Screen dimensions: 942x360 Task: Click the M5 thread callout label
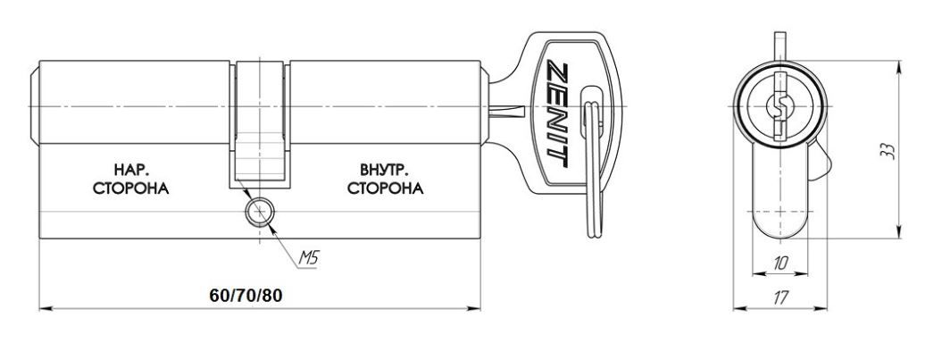pyautogui.click(x=308, y=258)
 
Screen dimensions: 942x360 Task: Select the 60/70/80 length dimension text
pyautogui.click(x=246, y=296)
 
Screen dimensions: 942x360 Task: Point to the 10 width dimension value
pyautogui.click(x=781, y=263)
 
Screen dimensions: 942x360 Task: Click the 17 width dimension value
pyautogui.click(x=780, y=297)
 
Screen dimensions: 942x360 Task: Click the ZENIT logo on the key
pyautogui.click(x=557, y=113)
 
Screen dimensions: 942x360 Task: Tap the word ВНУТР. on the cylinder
pyautogui.click(x=385, y=169)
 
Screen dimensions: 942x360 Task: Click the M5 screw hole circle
pyautogui.click(x=260, y=212)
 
